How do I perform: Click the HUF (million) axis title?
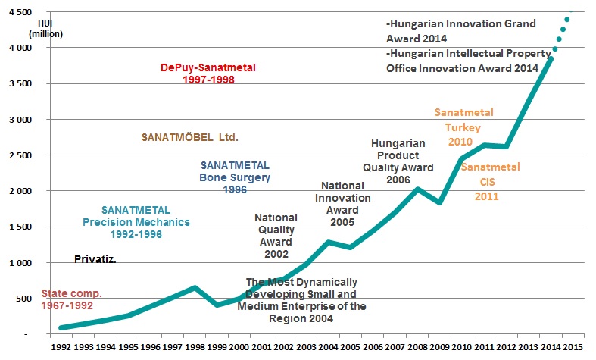(45, 28)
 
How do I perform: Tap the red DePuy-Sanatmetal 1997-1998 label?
(208, 73)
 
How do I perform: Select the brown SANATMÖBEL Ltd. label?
(190, 138)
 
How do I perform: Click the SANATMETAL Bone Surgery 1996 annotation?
(235, 177)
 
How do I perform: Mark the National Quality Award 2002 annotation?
(276, 236)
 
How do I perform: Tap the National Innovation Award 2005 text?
(346, 204)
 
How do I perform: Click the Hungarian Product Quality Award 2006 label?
(398, 161)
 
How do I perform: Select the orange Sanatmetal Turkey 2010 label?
(463, 127)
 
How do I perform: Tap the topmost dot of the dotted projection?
(567, 19)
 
